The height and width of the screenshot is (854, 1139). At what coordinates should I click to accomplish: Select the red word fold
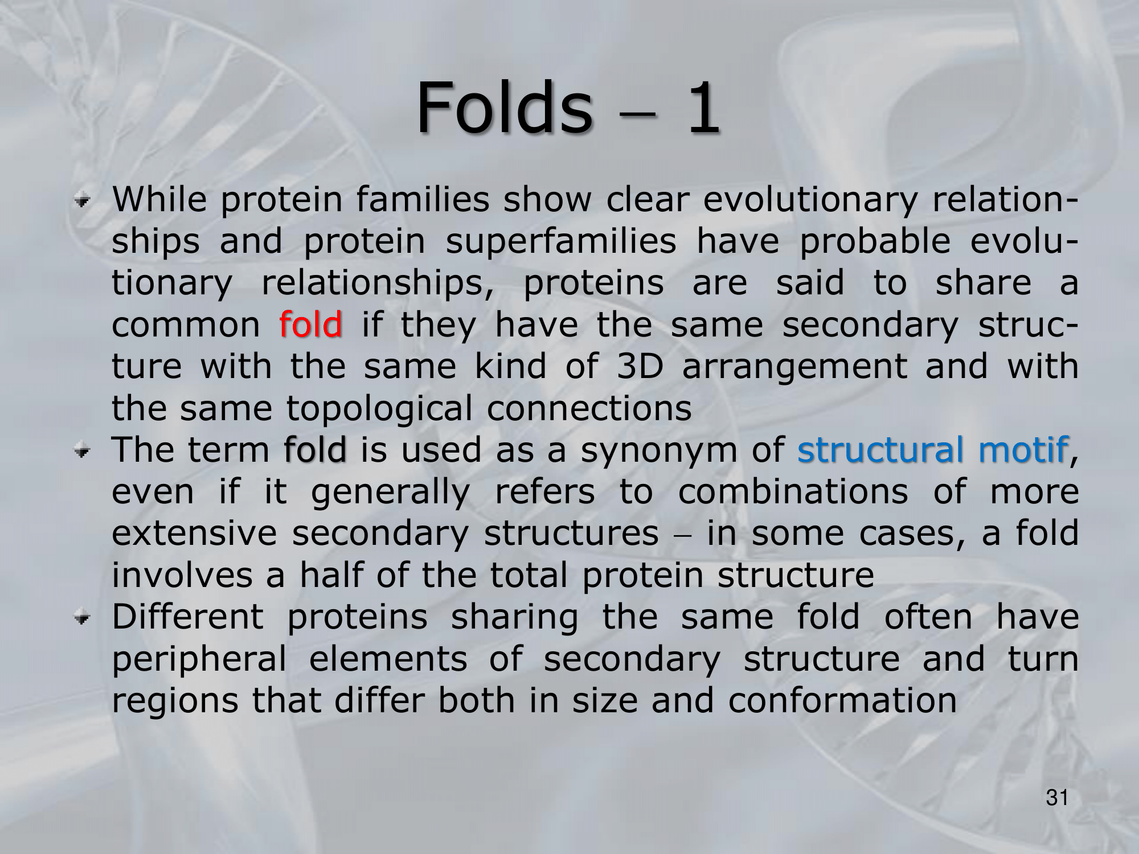pyautogui.click(x=311, y=324)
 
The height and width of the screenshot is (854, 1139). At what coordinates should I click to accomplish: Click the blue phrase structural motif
pyautogui.click(x=932, y=449)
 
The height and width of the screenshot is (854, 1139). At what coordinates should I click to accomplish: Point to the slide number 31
pyautogui.click(x=1057, y=798)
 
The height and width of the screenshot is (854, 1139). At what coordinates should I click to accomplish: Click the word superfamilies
pyautogui.click(x=561, y=241)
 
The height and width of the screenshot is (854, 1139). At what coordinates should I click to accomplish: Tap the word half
pyautogui.click(x=331, y=574)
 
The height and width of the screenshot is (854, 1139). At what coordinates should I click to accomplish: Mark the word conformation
pyautogui.click(x=843, y=700)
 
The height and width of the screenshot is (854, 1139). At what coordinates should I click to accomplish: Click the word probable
pyautogui.click(x=875, y=241)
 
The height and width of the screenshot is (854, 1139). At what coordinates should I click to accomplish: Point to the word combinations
pyautogui.click(x=793, y=491)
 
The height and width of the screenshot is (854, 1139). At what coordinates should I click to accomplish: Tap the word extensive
pyautogui.click(x=194, y=533)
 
